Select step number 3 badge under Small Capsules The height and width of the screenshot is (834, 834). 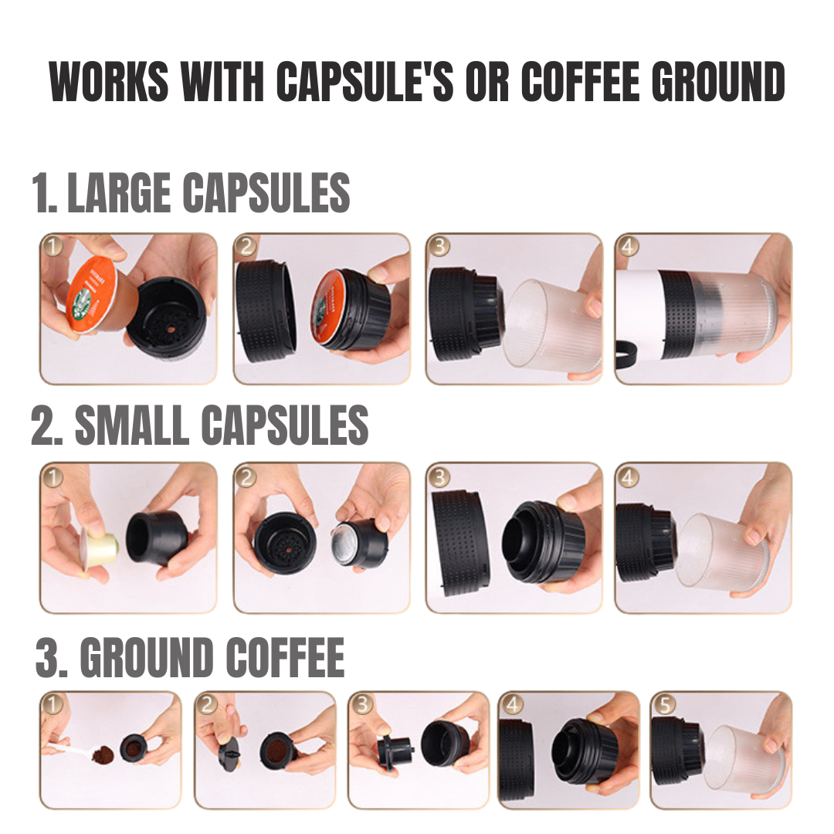tap(439, 477)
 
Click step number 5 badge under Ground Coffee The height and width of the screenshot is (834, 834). tap(665, 704)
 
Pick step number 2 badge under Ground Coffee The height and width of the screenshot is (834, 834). tap(208, 704)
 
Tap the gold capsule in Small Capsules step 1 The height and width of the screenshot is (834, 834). tap(99, 547)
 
